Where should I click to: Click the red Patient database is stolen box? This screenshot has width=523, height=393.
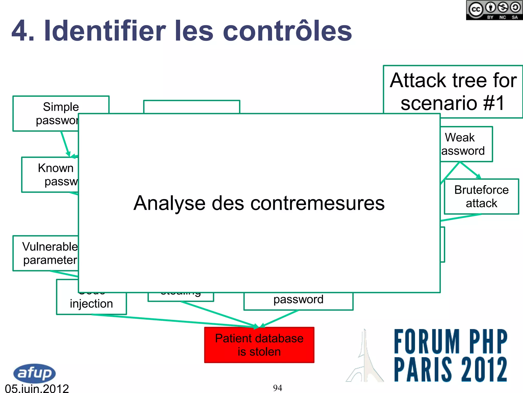[259, 345]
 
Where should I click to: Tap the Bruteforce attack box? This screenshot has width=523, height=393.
[481, 196]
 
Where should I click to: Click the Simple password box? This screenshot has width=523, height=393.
[46, 113]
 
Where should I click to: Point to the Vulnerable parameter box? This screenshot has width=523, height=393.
[46, 253]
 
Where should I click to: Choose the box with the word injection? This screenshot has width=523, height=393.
[91, 304]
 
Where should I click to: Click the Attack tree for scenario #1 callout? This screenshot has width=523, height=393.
[453, 92]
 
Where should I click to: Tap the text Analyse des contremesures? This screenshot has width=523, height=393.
[259, 203]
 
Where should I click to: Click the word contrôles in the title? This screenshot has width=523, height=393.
[287, 31]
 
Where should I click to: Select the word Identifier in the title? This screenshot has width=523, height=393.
[105, 31]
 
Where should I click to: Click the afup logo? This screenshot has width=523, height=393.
[34, 373]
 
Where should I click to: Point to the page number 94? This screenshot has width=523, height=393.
[277, 388]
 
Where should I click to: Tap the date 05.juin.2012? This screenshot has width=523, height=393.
[37, 388]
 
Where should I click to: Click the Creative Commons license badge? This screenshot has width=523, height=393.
[494, 10]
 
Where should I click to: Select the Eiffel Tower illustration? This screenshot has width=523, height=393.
[365, 358]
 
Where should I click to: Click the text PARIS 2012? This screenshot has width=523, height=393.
[450, 369]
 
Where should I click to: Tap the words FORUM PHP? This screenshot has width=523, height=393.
[450, 341]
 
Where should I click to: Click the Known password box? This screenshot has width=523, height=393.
[50, 175]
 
